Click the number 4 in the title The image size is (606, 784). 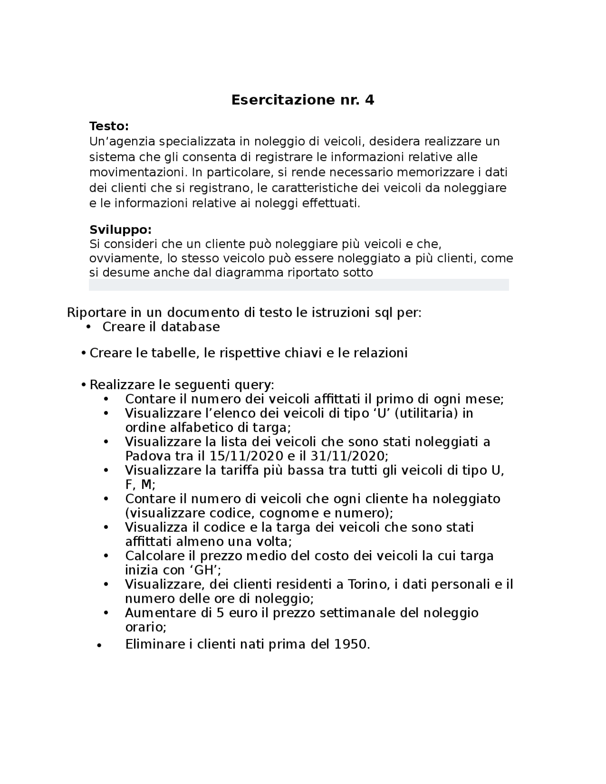[369, 100]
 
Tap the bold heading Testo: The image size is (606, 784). [109, 126]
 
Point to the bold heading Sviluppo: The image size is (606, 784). [120, 230]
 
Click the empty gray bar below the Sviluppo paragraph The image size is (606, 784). [299, 285]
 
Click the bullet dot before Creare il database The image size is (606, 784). [89, 327]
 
